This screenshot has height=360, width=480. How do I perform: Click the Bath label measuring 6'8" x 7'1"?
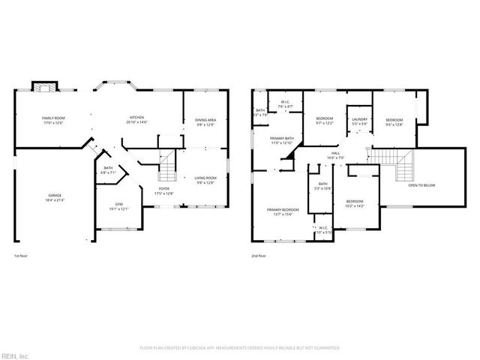coord(109,169)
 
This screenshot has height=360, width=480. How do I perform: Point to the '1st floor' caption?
coord(22,256)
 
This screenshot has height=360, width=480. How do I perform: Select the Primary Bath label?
coord(282,140)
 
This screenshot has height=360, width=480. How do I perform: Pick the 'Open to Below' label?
coord(422,185)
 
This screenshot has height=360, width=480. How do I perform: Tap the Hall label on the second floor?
coord(335,155)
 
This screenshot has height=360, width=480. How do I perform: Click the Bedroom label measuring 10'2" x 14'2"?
coord(355,203)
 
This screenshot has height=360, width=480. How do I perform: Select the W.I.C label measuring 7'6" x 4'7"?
coord(285,104)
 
